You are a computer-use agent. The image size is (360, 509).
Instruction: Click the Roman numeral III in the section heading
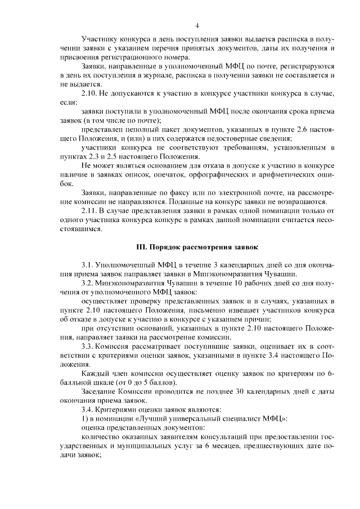[142, 246]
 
